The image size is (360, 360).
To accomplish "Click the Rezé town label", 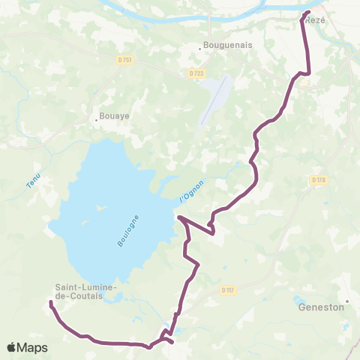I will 316,20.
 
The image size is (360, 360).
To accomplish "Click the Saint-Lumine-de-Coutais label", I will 85,292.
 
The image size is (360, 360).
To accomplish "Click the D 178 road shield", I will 316,179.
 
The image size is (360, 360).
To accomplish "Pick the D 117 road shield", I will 228,289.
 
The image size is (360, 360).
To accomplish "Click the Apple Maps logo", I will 27,347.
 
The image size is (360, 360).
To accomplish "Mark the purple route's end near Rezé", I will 307,13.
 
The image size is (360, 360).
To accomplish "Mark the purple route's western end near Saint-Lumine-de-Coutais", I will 50,303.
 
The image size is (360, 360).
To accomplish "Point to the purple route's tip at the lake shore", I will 178,217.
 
